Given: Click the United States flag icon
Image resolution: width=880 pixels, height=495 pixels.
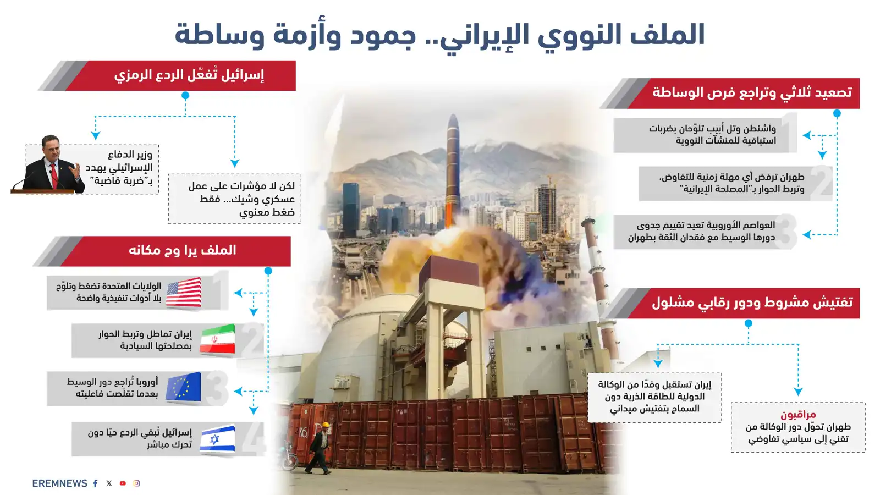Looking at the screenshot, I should click(x=184, y=293).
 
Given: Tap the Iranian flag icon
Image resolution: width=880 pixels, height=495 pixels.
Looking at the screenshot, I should click(x=217, y=340).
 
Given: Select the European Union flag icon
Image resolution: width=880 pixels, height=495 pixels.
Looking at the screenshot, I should click(x=184, y=388).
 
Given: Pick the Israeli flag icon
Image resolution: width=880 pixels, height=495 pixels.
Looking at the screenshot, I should click(x=217, y=439).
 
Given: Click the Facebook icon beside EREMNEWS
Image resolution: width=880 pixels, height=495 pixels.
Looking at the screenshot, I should click(x=95, y=483).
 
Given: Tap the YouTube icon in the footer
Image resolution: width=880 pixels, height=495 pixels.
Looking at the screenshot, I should click(x=123, y=483).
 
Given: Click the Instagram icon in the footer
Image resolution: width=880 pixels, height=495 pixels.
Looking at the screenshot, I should click(x=136, y=483).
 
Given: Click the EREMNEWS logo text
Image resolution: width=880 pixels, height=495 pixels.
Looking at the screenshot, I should click(x=59, y=483).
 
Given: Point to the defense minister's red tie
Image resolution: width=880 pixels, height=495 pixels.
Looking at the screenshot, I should click(x=54, y=174).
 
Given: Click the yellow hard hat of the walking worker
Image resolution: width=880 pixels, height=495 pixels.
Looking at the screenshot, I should click(x=325, y=425).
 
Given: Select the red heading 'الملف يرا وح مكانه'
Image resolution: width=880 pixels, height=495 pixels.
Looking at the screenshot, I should click(x=182, y=251).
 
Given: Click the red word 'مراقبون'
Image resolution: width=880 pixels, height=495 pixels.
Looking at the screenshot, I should click(x=798, y=414).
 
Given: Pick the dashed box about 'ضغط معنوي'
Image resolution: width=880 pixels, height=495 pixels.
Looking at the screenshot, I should click(x=235, y=199).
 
